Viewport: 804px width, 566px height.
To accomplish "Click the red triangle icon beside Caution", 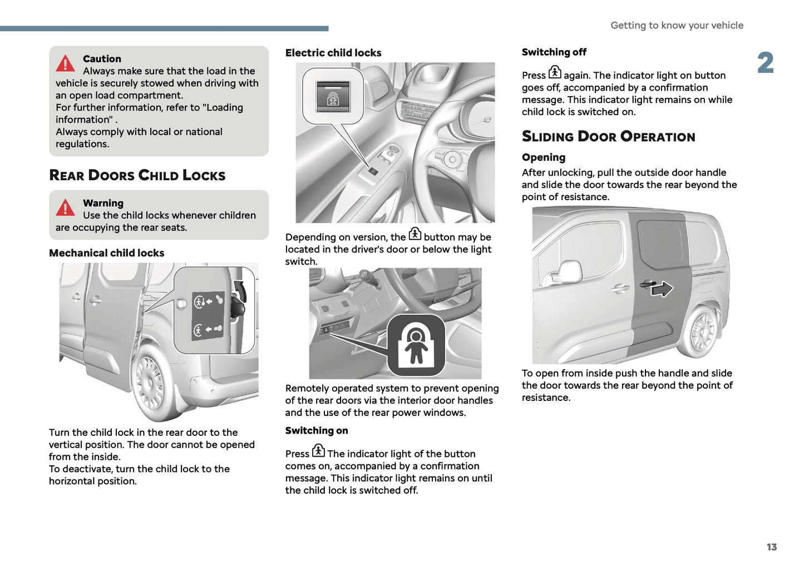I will [x=65, y=63].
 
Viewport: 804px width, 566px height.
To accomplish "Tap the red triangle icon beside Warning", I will [x=65, y=207].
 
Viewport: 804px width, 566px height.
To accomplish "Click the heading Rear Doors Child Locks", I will [x=137, y=175].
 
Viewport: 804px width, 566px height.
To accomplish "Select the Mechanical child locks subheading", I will [x=106, y=253].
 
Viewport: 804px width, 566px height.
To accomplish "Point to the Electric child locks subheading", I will [x=333, y=53].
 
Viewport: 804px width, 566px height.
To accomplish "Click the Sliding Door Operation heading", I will [x=608, y=137].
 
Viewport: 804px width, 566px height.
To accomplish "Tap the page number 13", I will [x=771, y=547].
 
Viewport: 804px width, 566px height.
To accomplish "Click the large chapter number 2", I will [x=765, y=63].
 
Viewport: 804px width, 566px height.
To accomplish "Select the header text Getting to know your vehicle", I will [x=677, y=26].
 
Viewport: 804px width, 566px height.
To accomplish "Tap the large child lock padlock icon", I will [x=416, y=345].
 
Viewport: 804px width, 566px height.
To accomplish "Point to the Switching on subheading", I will [x=316, y=431].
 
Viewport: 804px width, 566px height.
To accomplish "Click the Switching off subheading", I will [x=554, y=52].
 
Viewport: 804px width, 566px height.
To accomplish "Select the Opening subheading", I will [x=543, y=157].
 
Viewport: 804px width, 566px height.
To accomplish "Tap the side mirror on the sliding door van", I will [x=568, y=272].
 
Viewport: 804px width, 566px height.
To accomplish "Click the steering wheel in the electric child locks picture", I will [x=445, y=145].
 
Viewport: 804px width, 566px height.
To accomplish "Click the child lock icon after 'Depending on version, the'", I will [x=415, y=234].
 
